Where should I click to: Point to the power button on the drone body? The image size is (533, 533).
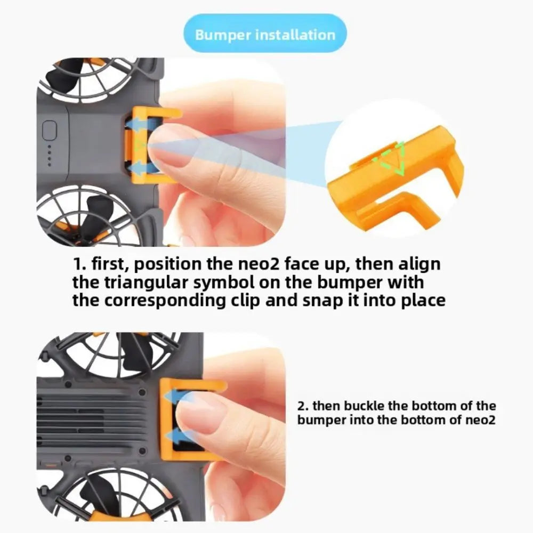click(x=50, y=130)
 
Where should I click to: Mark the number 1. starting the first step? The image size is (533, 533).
click(x=80, y=264)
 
